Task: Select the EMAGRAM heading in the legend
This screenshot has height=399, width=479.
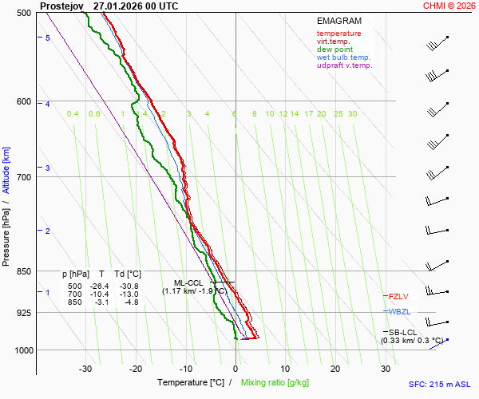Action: tap(338, 21)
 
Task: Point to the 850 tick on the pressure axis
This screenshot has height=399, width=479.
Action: tap(22, 271)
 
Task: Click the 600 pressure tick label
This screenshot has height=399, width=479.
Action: tap(22, 101)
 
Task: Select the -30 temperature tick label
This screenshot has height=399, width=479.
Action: tap(85, 369)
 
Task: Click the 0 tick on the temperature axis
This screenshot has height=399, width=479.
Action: tap(236, 369)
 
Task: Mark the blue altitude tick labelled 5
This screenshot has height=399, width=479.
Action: tap(48, 38)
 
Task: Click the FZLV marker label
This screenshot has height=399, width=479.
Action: tap(397, 296)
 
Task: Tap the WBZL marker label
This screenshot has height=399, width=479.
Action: tap(398, 311)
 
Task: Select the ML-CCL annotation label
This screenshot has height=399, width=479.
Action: tap(188, 282)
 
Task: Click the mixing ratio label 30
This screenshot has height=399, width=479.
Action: tap(352, 114)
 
